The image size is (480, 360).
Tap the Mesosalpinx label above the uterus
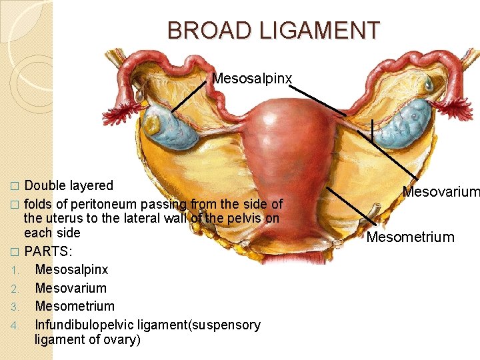tap(251, 79)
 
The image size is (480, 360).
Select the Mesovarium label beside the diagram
tap(441, 193)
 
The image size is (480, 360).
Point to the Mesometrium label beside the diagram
tap(410, 237)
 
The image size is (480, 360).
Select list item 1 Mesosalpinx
tap(71, 270)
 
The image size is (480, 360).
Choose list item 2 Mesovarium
tap(71, 288)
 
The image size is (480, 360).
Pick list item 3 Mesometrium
tap(75, 306)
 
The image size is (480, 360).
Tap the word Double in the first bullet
tap(45, 185)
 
